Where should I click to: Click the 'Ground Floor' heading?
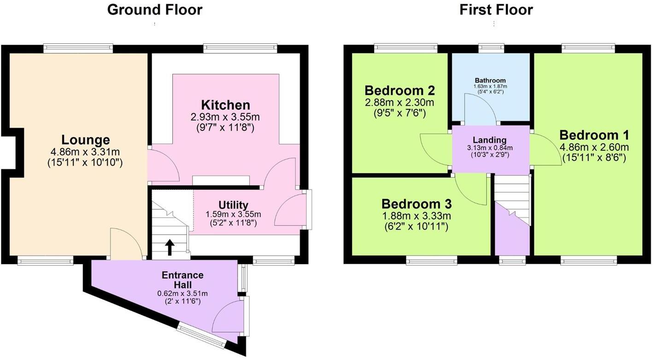(155, 10)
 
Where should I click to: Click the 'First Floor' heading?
(496, 10)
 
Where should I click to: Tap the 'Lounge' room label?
(86, 140)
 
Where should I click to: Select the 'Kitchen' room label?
(225, 105)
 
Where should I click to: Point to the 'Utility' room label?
(233, 205)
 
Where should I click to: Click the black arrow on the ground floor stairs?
(169, 248)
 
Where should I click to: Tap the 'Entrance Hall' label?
(182, 279)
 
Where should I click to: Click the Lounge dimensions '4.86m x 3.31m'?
(86, 151)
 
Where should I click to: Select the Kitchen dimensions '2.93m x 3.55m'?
(226, 117)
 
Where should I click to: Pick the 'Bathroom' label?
(490, 80)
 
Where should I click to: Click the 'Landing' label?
(489, 140)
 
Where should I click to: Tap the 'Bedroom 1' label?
(594, 135)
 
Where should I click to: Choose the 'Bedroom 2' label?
(399, 90)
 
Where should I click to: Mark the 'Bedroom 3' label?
(416, 204)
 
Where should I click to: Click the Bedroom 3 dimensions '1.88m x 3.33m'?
(416, 216)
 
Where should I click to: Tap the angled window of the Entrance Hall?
(202, 336)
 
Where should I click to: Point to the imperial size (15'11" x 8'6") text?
(594, 158)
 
